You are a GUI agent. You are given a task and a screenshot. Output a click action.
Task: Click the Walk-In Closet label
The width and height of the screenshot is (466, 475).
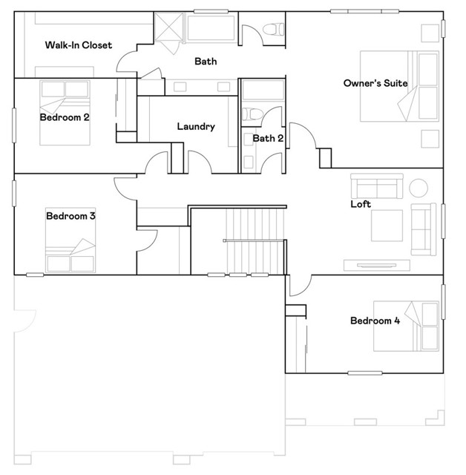click(79, 45)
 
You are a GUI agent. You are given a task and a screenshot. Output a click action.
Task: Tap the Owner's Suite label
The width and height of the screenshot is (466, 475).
click(375, 83)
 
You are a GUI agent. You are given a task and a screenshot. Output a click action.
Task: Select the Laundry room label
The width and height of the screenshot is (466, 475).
click(196, 126)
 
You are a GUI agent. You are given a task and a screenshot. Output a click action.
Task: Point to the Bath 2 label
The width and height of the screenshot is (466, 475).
click(268, 138)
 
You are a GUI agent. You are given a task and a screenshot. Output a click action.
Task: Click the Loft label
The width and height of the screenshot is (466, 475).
click(361, 204)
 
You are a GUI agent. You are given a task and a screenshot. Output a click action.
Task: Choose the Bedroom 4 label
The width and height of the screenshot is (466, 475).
click(375, 321)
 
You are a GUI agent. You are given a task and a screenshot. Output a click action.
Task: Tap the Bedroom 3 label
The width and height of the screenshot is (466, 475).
click(70, 216)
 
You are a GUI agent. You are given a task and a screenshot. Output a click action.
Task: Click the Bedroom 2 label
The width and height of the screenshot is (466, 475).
click(65, 117)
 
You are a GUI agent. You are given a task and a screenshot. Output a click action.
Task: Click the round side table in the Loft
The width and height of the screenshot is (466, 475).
click(419, 188)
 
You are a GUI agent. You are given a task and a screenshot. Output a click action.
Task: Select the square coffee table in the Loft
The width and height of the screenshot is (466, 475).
click(387, 226)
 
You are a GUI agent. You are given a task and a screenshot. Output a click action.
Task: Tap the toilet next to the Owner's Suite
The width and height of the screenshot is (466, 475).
click(273, 30)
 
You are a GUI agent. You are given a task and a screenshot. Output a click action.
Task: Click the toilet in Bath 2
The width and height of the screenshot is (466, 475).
click(252, 114)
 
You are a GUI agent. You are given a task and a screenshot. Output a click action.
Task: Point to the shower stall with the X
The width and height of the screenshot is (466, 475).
click(169, 26)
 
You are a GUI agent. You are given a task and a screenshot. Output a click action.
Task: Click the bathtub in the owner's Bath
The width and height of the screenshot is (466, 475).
click(211, 27)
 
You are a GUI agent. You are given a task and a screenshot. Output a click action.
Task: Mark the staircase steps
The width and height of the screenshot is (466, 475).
click(255, 240)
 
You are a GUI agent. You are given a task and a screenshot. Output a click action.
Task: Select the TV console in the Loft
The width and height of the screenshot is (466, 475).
click(377, 265)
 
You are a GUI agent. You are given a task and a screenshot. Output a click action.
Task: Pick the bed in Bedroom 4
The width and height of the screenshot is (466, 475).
click(406, 326)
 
